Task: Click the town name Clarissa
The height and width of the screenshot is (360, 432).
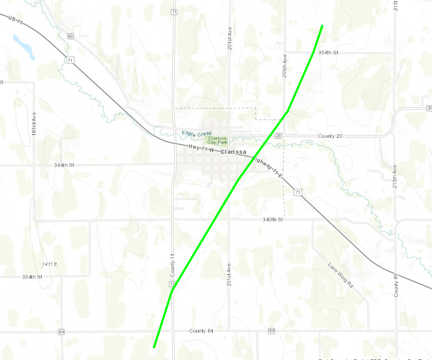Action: [233, 152]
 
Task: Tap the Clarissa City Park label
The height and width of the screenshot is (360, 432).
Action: [218, 140]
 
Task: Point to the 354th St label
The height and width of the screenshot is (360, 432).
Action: [328, 53]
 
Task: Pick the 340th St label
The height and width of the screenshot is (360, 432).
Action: [273, 220]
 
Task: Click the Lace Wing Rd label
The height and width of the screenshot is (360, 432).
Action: [341, 274]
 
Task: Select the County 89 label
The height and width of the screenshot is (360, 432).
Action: [396, 285]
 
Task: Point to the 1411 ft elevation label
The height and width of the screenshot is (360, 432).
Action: [49, 265]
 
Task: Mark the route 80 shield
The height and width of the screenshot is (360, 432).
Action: [70, 36]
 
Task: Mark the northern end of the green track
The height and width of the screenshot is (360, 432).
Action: [323, 26]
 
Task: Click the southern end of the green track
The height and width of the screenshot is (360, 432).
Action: [154, 347]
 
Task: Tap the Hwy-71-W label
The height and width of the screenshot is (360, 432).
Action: [202, 148]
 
